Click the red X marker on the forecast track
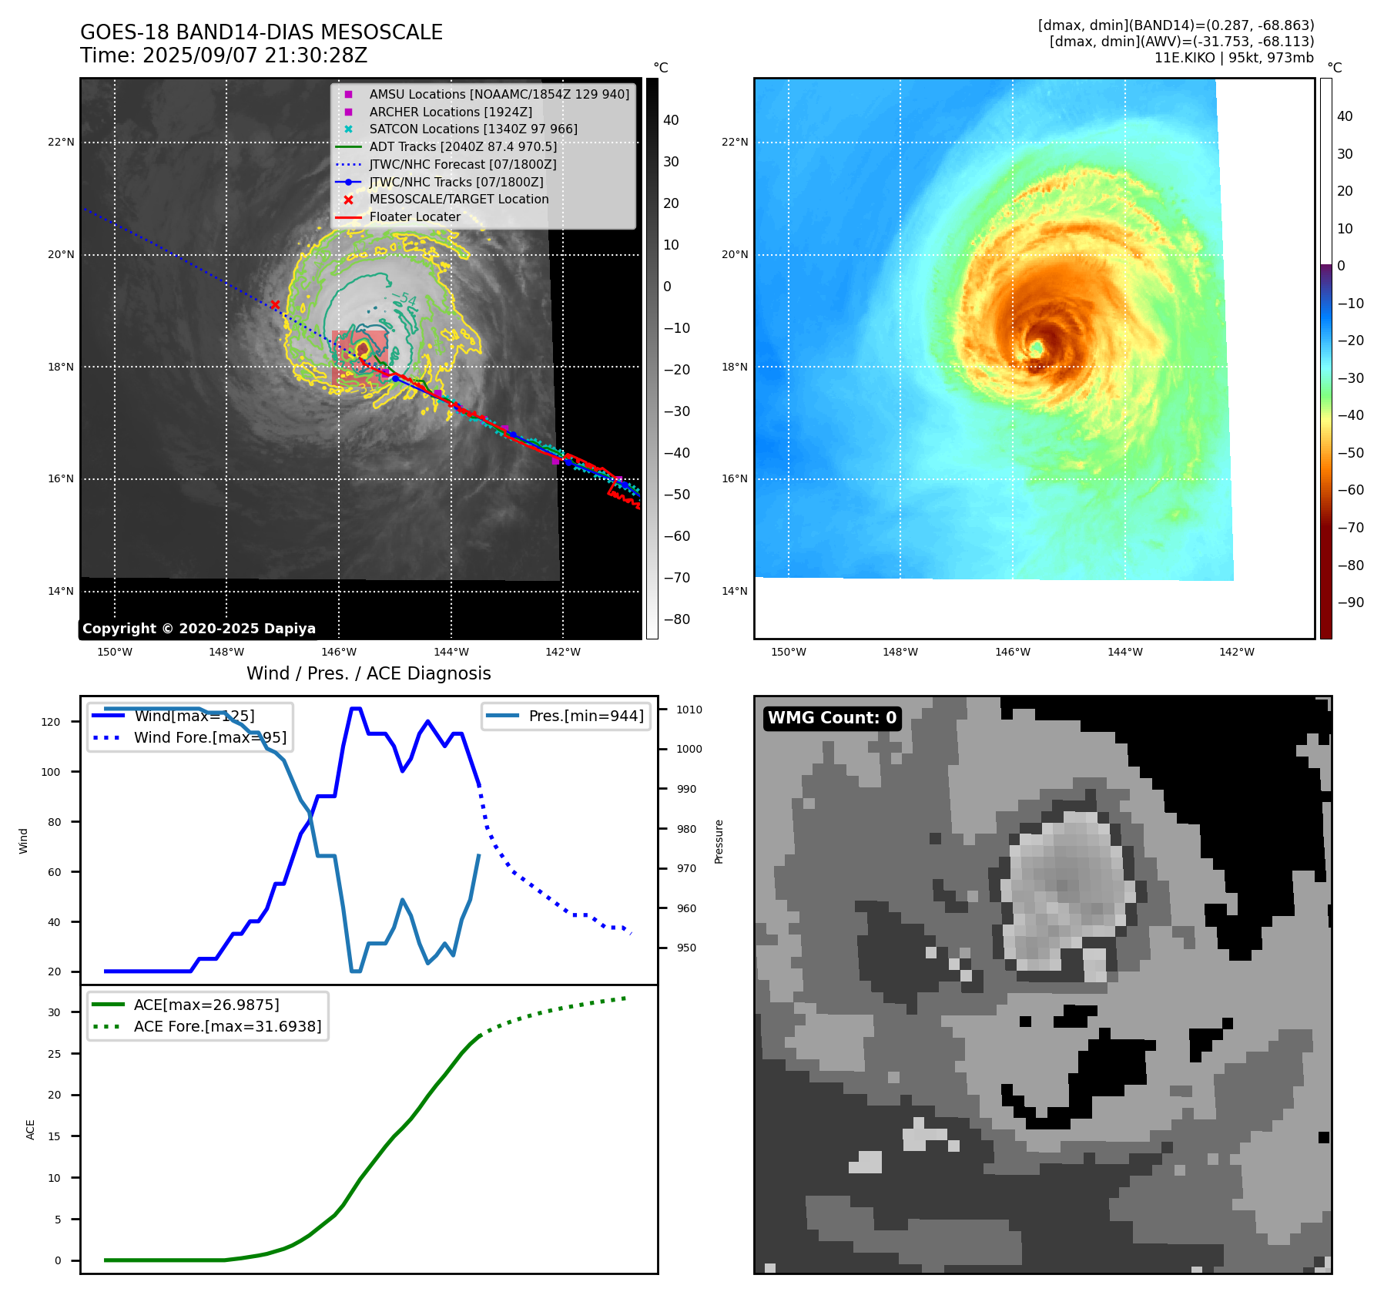pos(275,305)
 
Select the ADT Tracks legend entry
pos(462,146)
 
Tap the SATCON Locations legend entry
pos(473,129)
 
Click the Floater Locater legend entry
pos(414,216)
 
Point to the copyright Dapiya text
pos(199,629)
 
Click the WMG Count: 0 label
pos(832,718)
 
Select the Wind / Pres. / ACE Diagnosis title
pos(368,673)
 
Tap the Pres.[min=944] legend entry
pos(585,716)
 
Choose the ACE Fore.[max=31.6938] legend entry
pos(227,1026)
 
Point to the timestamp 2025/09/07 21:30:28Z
pos(254,56)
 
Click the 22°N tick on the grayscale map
pos(62,143)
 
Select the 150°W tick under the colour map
pos(788,652)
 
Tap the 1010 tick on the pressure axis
pos(689,710)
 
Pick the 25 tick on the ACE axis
pos(55,1054)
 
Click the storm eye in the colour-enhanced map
pos(1037,348)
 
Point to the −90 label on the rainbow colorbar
pos(1350,602)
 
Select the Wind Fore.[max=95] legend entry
pos(209,737)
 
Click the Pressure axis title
pos(719,841)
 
